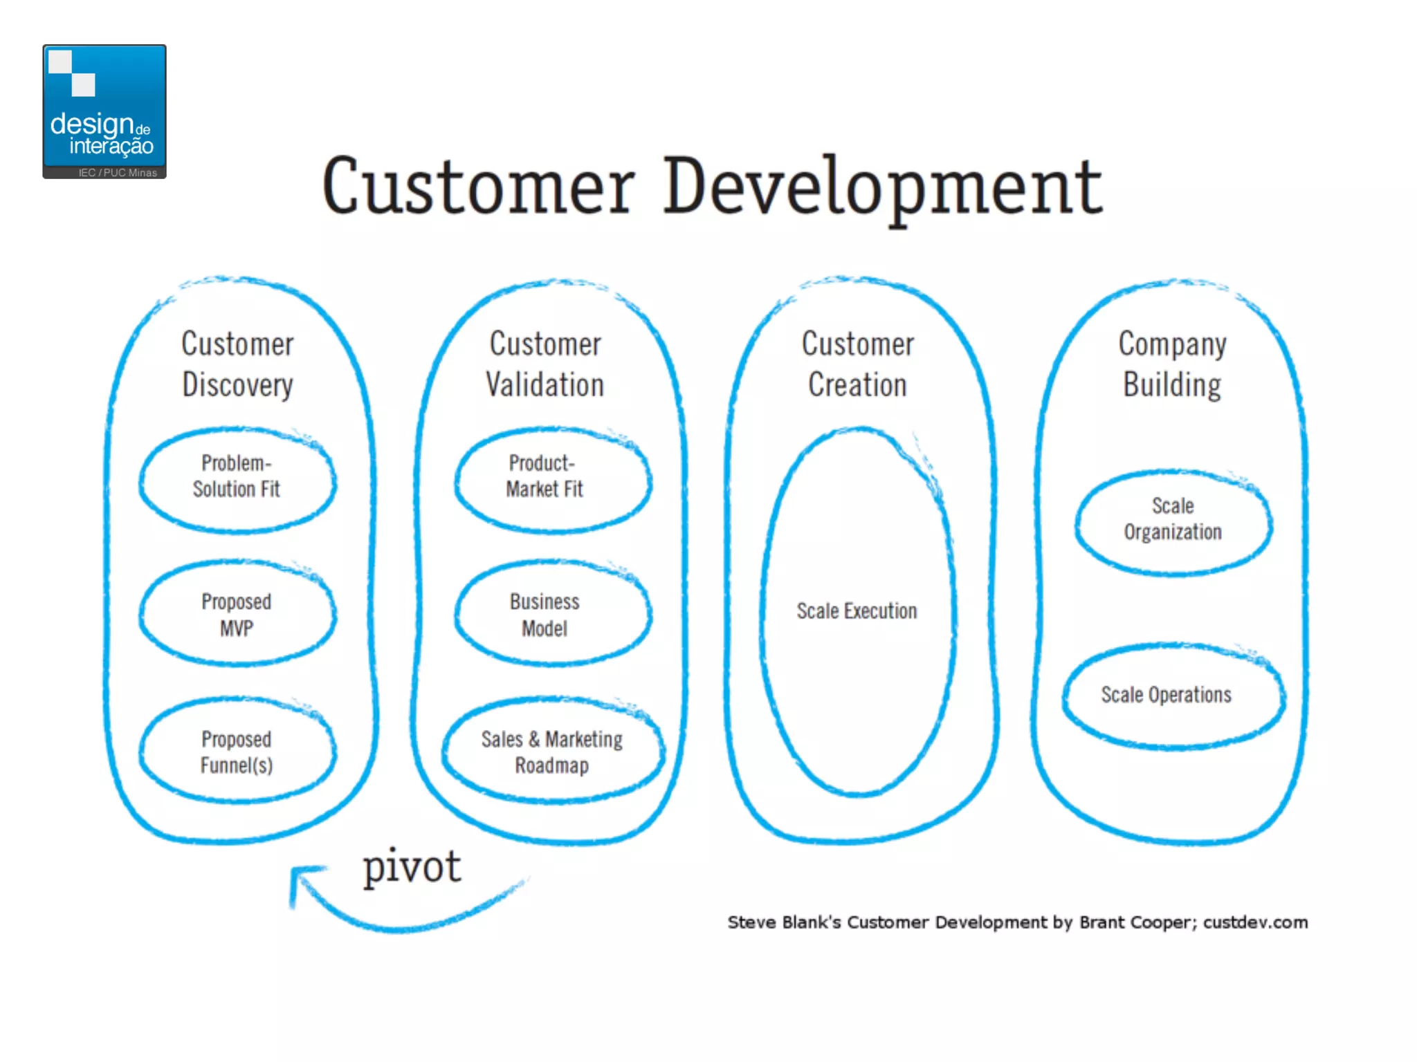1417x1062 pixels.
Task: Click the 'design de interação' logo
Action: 104,111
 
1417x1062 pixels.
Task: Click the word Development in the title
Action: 883,187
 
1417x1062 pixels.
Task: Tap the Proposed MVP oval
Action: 237,615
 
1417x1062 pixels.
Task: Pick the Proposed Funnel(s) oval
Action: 237,752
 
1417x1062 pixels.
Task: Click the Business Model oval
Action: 551,615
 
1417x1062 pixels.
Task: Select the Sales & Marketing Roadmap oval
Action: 552,752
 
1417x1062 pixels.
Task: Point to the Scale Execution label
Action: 857,611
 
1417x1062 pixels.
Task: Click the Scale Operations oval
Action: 1173,696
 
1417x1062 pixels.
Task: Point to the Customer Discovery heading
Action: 237,364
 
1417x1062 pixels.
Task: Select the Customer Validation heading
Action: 545,364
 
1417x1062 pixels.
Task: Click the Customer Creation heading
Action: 858,364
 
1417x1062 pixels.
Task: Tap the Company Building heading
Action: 1173,364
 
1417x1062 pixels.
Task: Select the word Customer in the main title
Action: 478,187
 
